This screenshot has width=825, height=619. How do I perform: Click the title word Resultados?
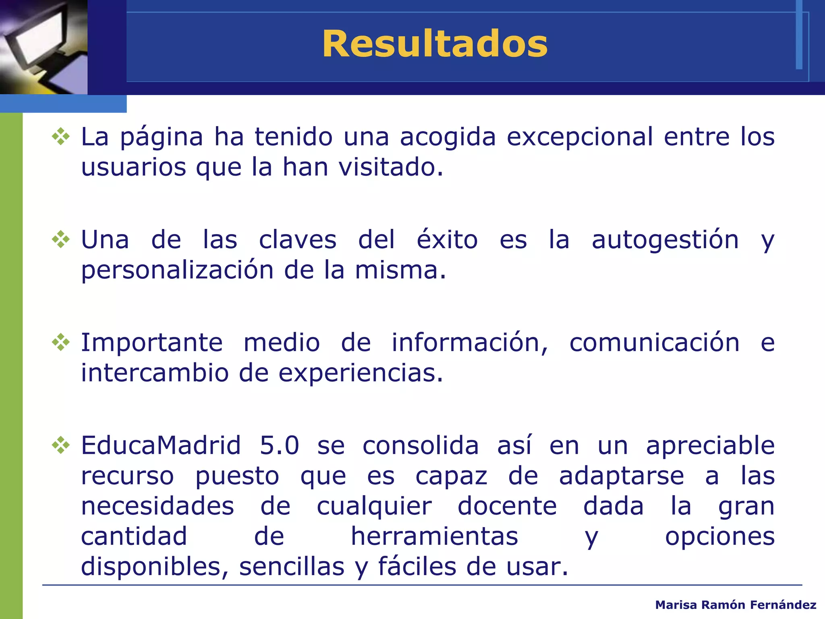click(x=435, y=44)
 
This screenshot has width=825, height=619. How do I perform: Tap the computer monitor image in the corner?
click(x=44, y=47)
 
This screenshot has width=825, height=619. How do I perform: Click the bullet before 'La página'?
click(x=61, y=136)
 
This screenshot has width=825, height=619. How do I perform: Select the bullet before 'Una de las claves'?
click(x=61, y=239)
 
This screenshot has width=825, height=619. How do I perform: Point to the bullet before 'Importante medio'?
click(x=61, y=342)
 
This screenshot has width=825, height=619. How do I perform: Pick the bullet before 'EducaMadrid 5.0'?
click(x=61, y=445)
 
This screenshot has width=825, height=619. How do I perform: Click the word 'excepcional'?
click(x=580, y=137)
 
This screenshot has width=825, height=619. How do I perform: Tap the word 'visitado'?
click(x=390, y=167)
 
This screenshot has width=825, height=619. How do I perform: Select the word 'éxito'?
click(x=447, y=239)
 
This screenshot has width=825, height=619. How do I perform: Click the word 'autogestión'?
click(x=665, y=240)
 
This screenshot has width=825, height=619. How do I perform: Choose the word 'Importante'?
click(x=152, y=343)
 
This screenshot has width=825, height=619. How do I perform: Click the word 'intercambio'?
click(x=155, y=373)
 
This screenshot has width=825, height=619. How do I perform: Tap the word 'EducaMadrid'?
click(x=161, y=446)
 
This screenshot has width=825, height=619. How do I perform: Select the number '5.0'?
click(x=280, y=446)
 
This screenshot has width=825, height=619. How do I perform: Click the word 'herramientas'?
click(x=434, y=536)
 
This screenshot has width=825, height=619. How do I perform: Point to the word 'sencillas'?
click(x=292, y=567)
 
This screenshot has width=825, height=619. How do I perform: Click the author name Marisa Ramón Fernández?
click(x=736, y=605)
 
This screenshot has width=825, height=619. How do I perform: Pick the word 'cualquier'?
click(x=374, y=507)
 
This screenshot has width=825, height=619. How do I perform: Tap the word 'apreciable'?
click(x=710, y=446)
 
